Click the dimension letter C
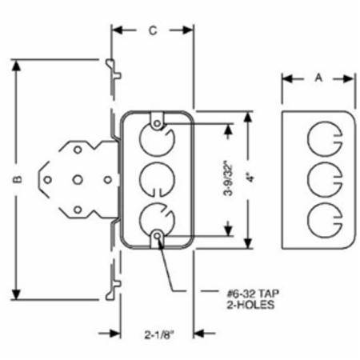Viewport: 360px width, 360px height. (x=153, y=30)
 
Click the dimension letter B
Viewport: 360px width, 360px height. (x=18, y=180)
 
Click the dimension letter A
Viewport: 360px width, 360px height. (x=318, y=78)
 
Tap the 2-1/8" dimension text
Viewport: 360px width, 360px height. (x=159, y=334)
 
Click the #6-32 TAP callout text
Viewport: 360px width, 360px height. (x=253, y=294)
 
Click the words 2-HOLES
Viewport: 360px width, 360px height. (x=250, y=305)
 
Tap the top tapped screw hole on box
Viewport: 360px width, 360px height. (x=158, y=124)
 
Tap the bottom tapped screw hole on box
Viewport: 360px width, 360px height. (x=158, y=236)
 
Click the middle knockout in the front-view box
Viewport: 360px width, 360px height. (x=157, y=179)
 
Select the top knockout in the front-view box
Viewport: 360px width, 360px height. (x=158, y=139)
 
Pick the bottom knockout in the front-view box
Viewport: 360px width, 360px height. (x=157, y=220)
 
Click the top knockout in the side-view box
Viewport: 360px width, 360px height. (x=325, y=139)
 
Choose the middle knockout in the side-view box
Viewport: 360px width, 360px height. (x=325, y=179)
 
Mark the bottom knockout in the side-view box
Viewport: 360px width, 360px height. (x=325, y=220)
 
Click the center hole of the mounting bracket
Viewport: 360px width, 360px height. (x=78, y=180)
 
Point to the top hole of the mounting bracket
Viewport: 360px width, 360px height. (x=78, y=150)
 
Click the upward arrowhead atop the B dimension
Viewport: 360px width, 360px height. (x=17, y=65)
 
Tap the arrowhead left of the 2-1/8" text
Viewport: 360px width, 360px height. (x=115, y=333)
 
